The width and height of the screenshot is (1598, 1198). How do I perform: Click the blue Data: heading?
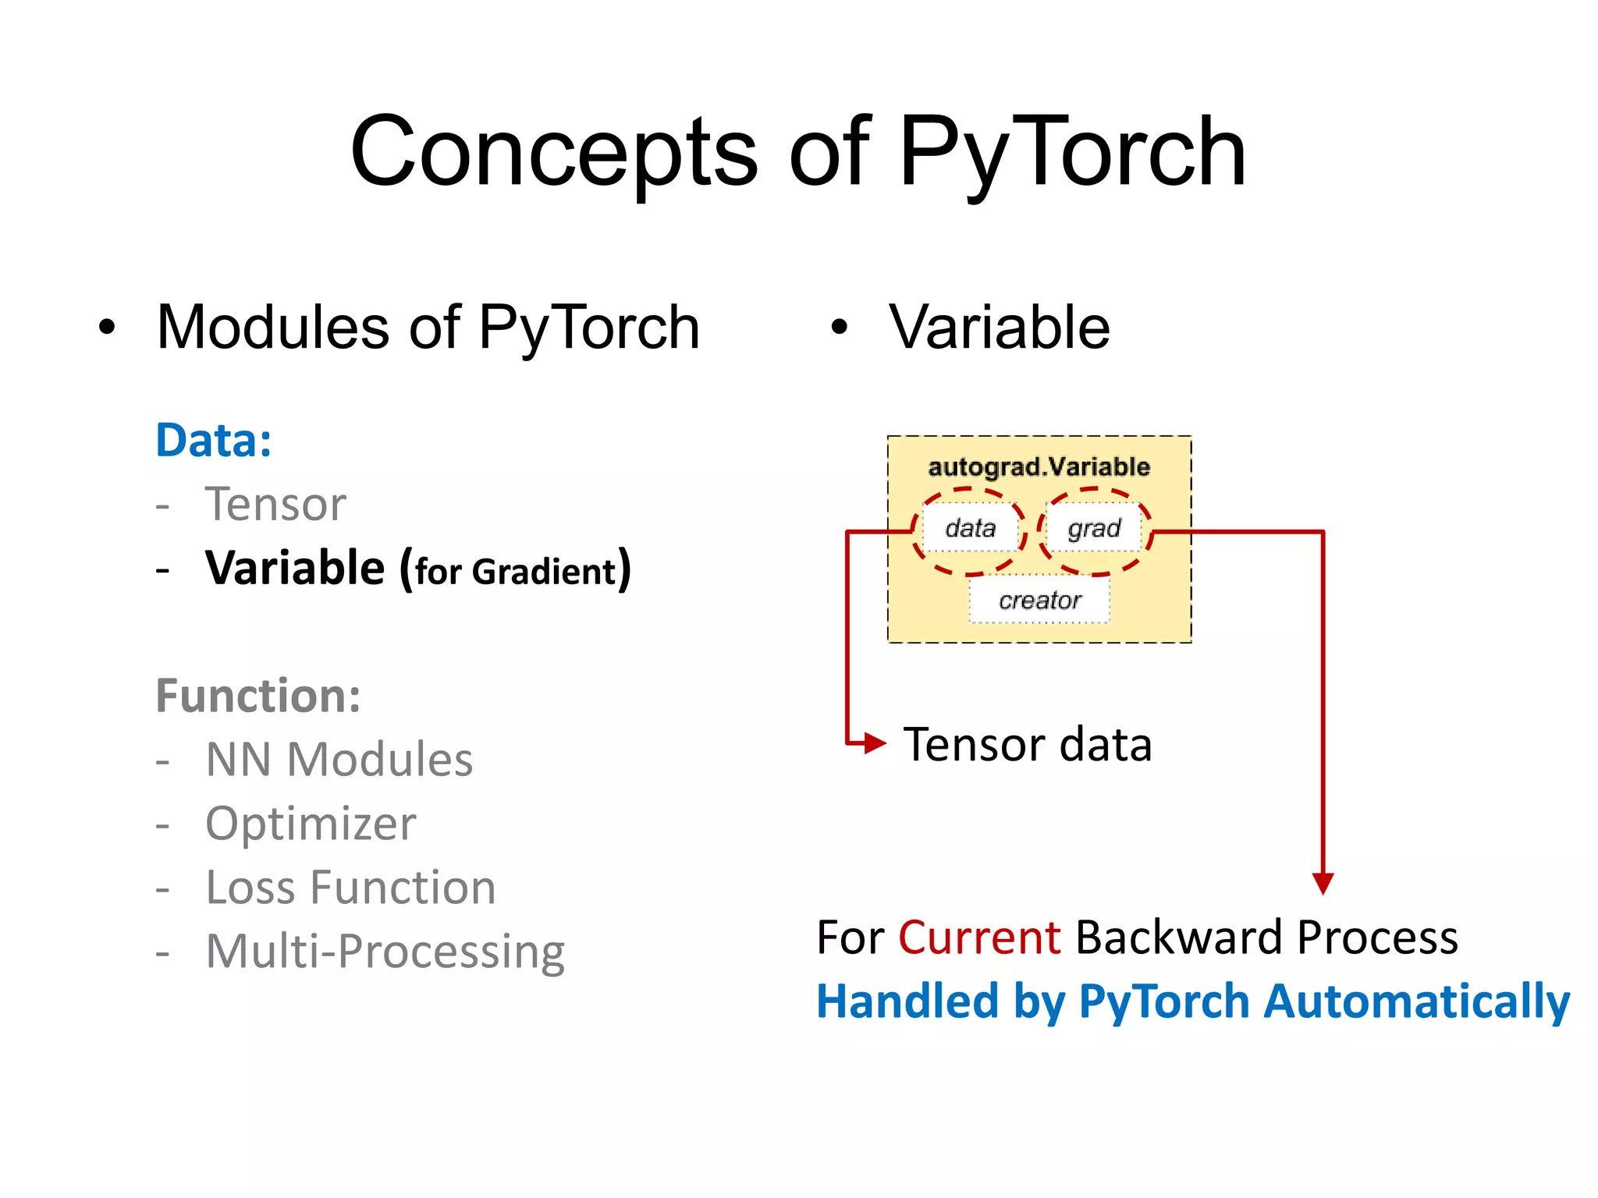pos(214,441)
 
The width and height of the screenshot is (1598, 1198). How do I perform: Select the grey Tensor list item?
pos(275,505)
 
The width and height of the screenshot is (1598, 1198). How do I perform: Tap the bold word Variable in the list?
pos(294,568)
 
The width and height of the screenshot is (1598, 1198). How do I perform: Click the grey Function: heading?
pos(258,696)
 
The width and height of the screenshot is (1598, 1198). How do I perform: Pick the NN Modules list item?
pos(339,760)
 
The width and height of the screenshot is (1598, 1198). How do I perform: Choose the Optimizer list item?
pos(311,824)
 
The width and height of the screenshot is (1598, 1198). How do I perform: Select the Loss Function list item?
pos(350,888)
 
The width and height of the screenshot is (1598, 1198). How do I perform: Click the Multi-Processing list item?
pos(385,952)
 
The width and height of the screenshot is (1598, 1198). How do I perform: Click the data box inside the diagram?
pos(970,529)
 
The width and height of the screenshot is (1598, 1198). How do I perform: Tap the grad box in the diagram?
pos(1094,529)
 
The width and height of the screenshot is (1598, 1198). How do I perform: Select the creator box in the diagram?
pos(1039,601)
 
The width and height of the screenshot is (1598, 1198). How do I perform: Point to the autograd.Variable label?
pos(1039,467)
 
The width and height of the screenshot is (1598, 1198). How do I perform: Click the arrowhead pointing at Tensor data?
pos(875,743)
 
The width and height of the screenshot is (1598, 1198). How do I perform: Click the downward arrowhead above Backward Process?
pos(1323,883)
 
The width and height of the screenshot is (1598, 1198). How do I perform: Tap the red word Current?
pos(978,937)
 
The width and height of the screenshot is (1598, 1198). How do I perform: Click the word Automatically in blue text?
pos(1416,1001)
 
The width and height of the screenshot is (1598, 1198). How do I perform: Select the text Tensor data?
pos(1027,744)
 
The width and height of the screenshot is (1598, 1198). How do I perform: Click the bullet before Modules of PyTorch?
pos(107,328)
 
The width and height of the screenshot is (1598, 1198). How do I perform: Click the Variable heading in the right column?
pos(999,328)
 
